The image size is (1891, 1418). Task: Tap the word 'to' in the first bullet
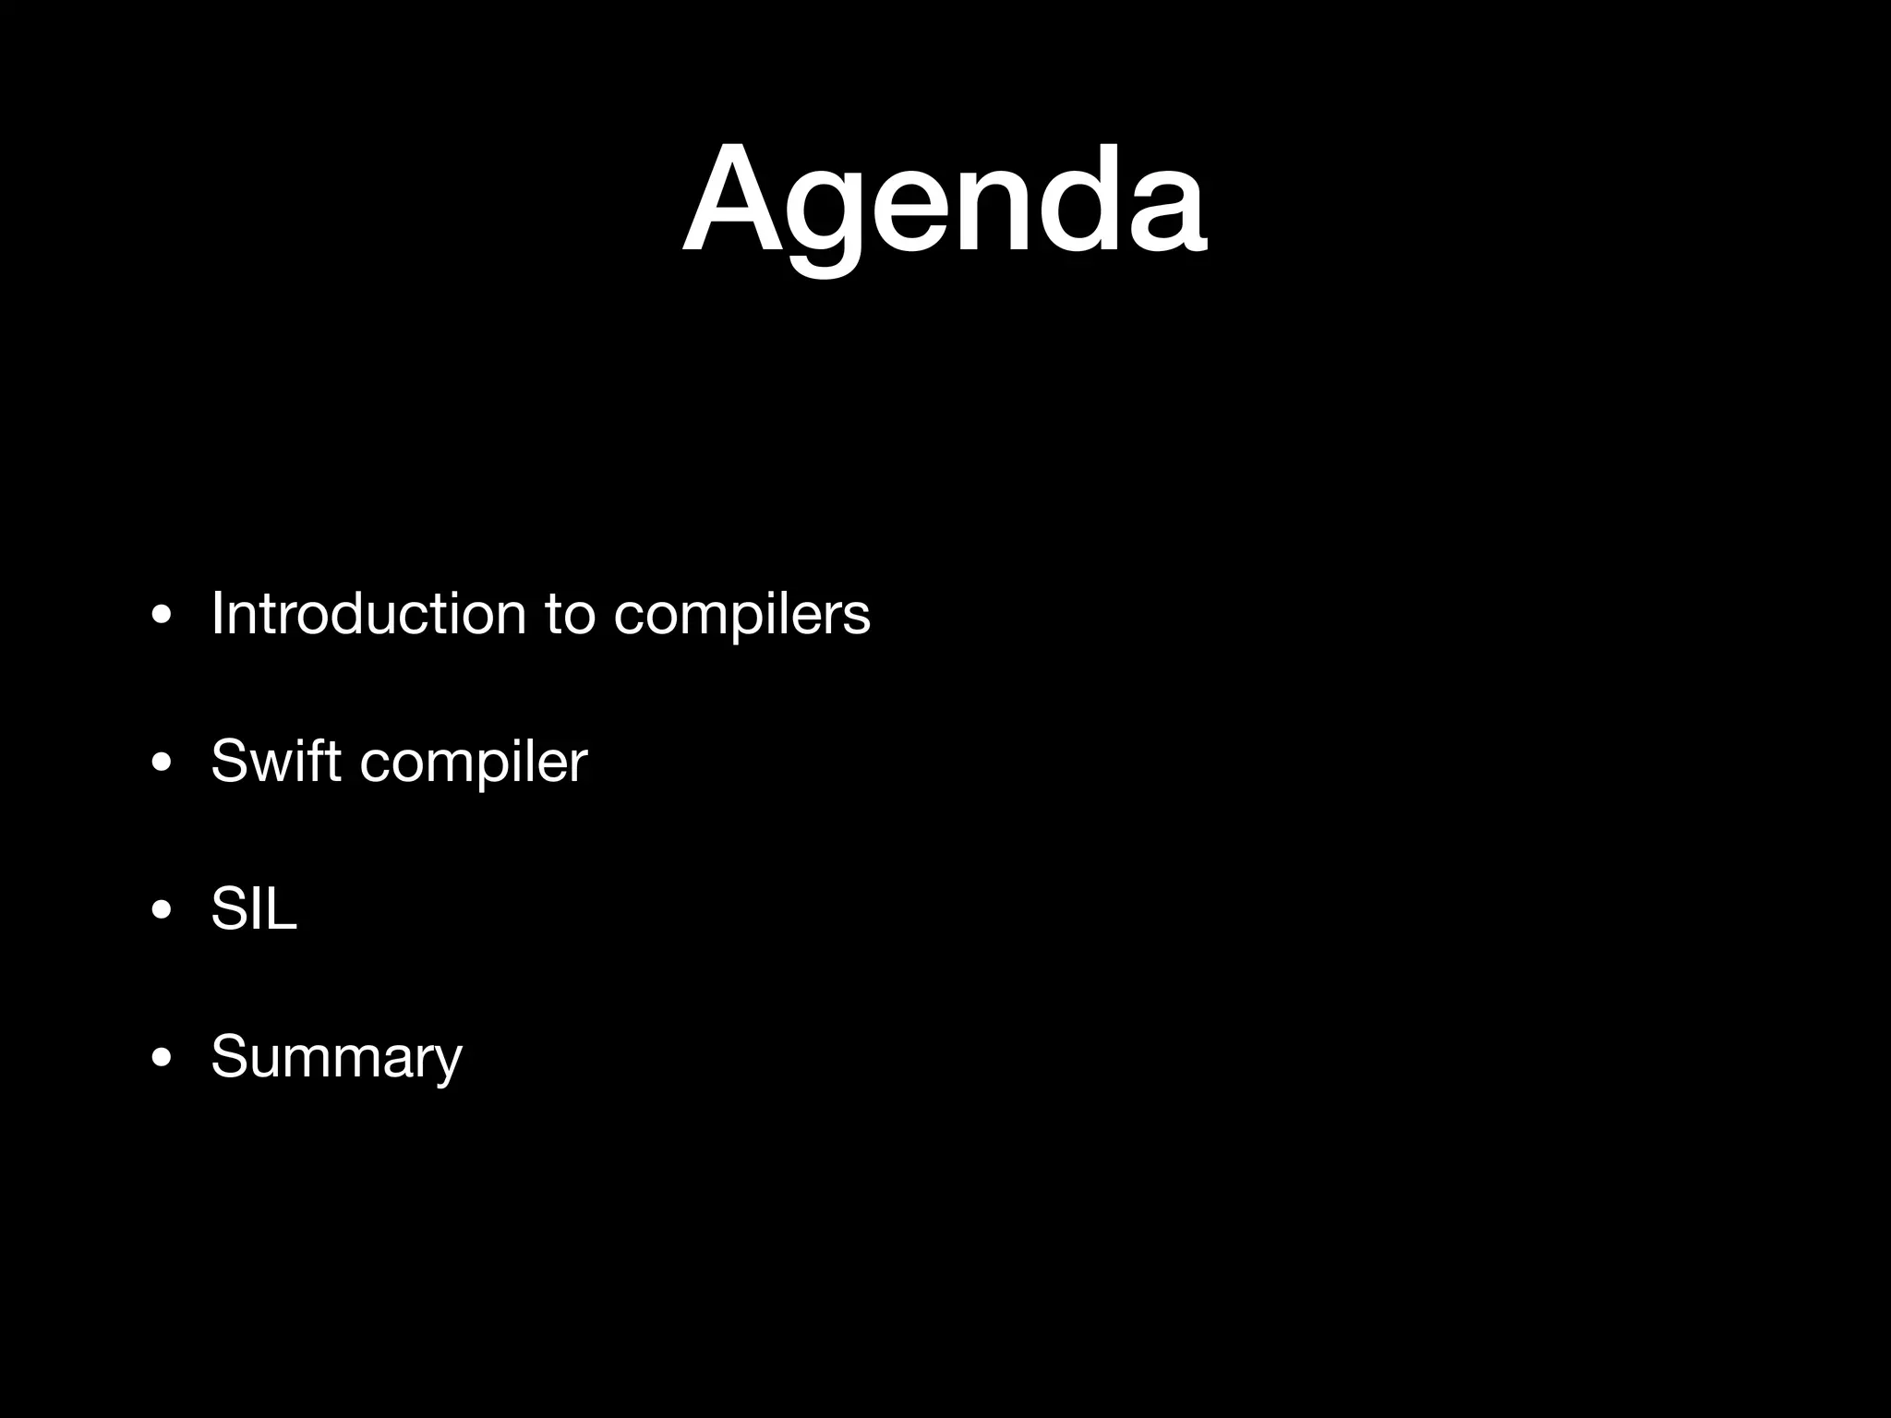[570, 614]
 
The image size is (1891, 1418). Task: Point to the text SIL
[254, 908]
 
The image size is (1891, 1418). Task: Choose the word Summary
[336, 1058]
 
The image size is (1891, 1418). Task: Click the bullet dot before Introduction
[162, 616]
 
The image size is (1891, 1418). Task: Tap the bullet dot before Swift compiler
[162, 763]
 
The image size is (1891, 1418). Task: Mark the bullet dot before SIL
[162, 911]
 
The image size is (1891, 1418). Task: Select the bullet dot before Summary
[162, 1058]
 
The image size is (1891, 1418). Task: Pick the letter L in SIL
[282, 908]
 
